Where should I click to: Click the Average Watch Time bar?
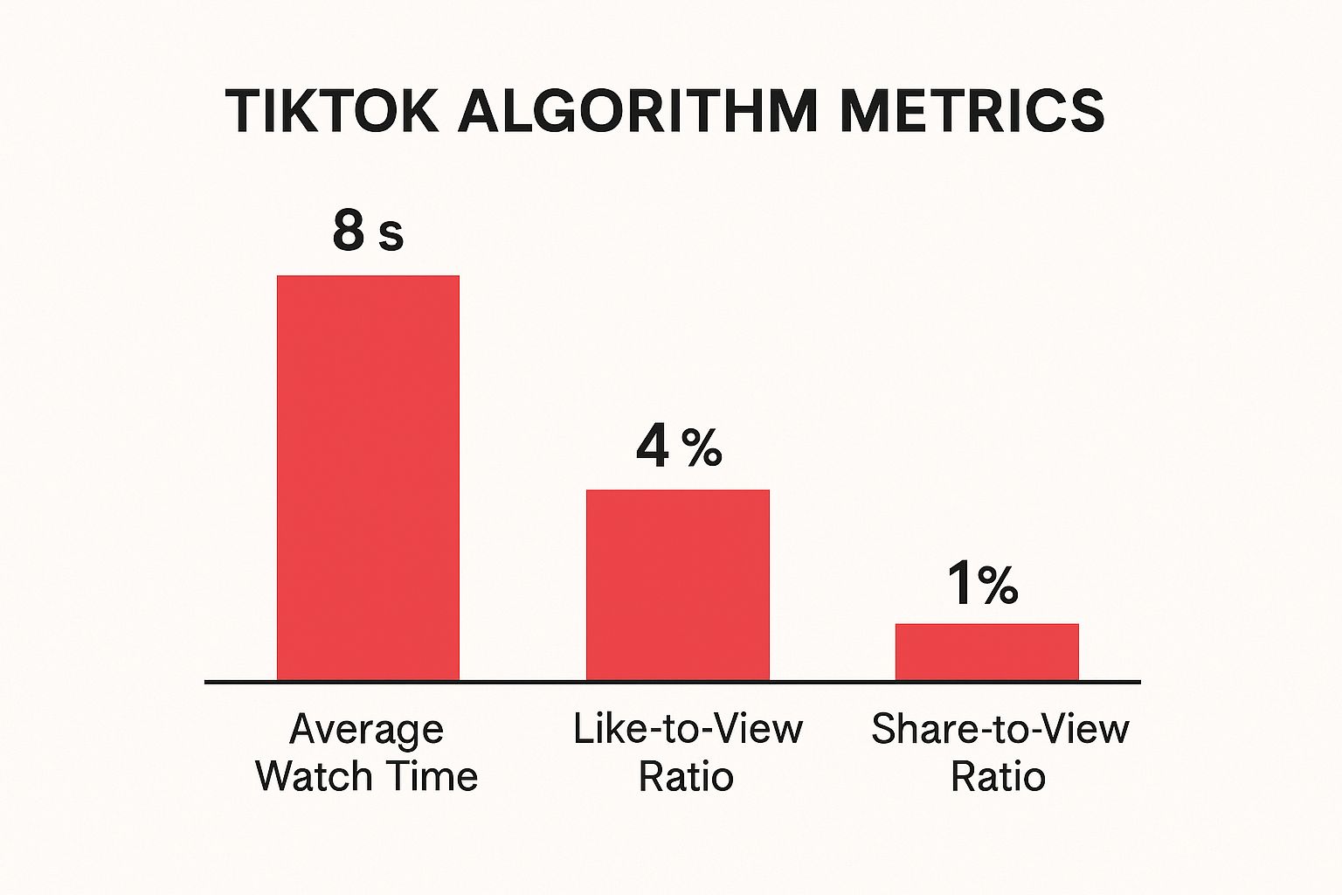[x=368, y=477]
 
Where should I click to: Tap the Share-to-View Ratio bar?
[x=986, y=651]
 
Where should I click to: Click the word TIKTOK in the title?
[x=332, y=111]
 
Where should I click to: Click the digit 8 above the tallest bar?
[x=348, y=231]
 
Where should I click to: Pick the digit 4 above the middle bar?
[x=653, y=446]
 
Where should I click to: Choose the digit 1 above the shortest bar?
[x=958, y=584]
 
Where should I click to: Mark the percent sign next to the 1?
[x=998, y=586]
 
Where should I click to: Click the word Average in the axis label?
[x=366, y=730]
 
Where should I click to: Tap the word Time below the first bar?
[x=436, y=776]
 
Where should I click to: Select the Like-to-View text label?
[x=688, y=729]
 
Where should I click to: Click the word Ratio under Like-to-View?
[x=686, y=776]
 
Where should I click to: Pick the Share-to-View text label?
[x=1000, y=729]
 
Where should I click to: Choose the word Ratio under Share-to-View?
[x=998, y=776]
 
